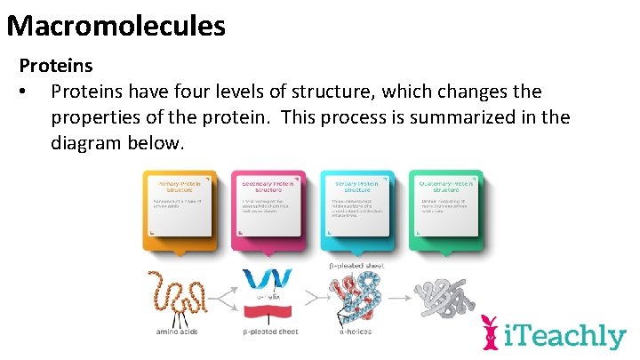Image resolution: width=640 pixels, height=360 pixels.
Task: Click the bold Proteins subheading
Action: coord(56,66)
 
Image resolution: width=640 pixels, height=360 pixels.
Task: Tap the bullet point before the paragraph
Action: coord(30,92)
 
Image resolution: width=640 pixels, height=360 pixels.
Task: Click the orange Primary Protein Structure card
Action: coord(180,208)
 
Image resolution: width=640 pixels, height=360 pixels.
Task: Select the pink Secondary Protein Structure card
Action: coord(268,208)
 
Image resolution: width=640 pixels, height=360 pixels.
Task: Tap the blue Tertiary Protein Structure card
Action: coord(356,208)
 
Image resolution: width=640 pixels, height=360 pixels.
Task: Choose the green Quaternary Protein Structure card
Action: coord(445,208)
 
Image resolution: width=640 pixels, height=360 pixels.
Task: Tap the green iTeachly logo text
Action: coord(565,336)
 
